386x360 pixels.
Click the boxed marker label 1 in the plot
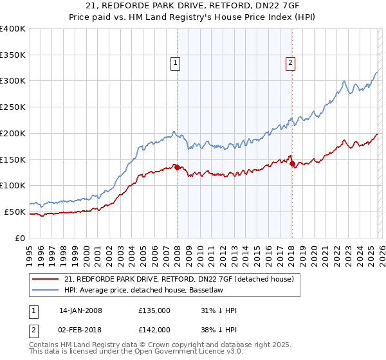click(175, 62)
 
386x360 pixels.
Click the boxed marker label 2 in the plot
click(291, 62)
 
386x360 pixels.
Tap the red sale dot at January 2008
click(177, 167)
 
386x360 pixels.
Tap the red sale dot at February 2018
click(293, 164)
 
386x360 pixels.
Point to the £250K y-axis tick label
click(13, 107)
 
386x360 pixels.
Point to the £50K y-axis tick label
click(15, 212)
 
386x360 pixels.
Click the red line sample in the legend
click(46, 280)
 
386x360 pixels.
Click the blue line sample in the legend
click(46, 291)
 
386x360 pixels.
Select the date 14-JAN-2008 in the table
click(80, 310)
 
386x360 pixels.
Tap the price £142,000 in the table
click(154, 330)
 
